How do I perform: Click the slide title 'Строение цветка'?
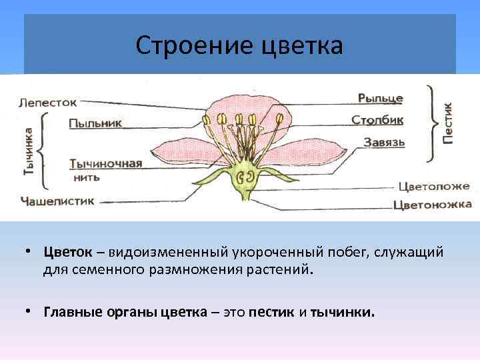239,46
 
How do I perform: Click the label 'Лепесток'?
48,103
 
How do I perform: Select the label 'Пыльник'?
95,123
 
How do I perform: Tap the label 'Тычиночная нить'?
105,169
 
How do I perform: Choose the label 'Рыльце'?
380,98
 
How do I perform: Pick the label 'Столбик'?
377,120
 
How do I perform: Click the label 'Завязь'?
385,142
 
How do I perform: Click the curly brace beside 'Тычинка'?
43,151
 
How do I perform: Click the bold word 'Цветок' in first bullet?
67,253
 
